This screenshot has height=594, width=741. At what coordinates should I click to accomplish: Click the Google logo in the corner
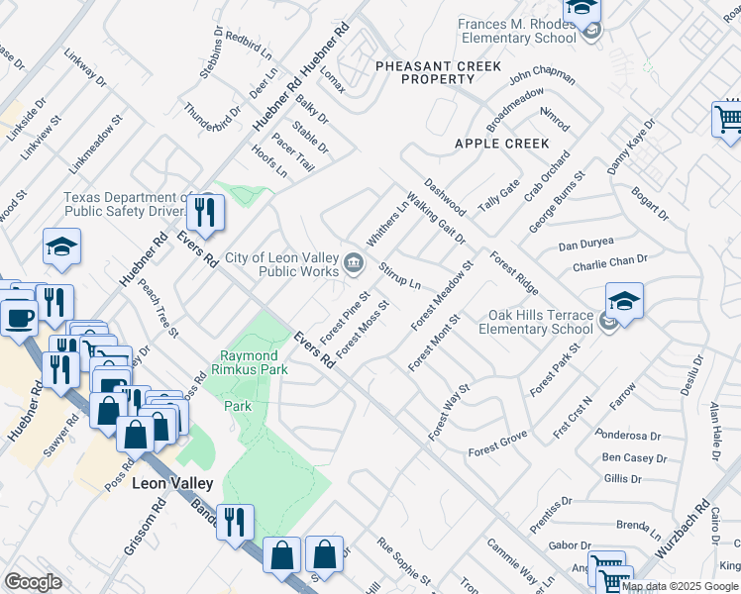pyautogui.click(x=33, y=581)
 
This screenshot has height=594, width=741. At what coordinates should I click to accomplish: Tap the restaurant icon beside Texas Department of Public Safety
pyautogui.click(x=206, y=213)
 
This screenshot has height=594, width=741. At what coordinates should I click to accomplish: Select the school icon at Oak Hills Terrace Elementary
pyautogui.click(x=624, y=301)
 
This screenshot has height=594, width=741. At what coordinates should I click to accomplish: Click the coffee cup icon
pyautogui.click(x=19, y=317)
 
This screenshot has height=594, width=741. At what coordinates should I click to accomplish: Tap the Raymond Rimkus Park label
pyautogui.click(x=254, y=362)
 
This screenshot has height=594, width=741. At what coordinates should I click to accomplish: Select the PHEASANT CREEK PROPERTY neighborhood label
pyautogui.click(x=425, y=72)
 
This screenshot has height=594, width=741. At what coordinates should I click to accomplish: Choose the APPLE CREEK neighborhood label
pyautogui.click(x=501, y=144)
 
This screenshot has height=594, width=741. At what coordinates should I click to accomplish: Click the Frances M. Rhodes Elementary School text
pyautogui.click(x=516, y=31)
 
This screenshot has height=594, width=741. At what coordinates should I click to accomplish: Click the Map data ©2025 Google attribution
pyautogui.click(x=680, y=586)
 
